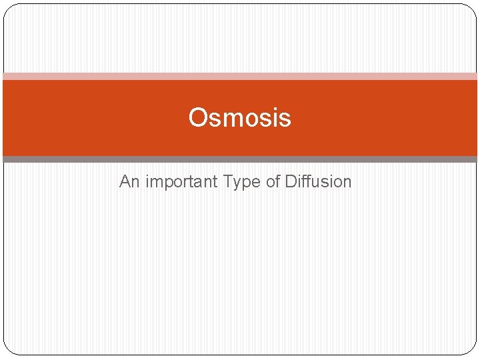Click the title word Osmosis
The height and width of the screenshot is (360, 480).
(239, 118)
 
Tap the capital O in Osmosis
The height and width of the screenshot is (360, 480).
(197, 118)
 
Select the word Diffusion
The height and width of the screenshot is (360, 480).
(318, 181)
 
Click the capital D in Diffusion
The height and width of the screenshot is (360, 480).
(291, 181)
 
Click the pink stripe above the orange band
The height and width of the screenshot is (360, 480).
(240, 76)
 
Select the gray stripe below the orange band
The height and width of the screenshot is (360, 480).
(240, 159)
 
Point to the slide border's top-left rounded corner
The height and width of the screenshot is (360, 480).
(9, 9)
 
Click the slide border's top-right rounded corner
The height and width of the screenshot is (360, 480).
(471, 9)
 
